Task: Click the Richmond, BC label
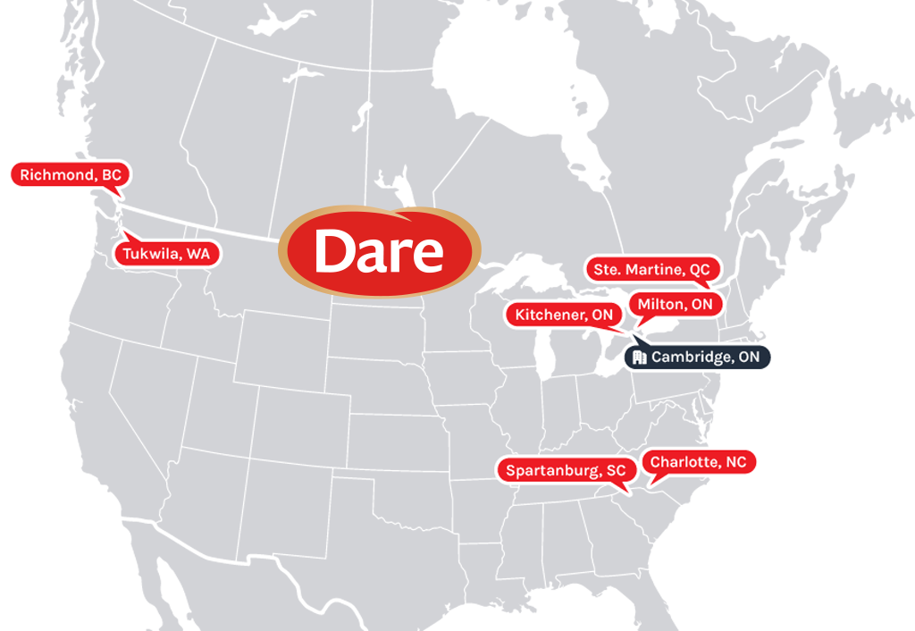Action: (x=70, y=175)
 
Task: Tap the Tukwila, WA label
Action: (x=166, y=254)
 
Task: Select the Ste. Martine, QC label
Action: (x=652, y=269)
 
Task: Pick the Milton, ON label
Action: (x=676, y=304)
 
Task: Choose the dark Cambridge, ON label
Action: (x=696, y=358)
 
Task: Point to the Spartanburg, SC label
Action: (x=566, y=470)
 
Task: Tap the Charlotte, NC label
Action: (x=698, y=462)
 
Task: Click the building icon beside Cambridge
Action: (x=639, y=358)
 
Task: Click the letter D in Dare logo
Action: (x=336, y=251)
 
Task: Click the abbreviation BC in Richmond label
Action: (x=111, y=175)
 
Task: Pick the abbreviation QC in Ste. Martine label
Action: (x=700, y=269)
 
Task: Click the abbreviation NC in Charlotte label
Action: (x=735, y=462)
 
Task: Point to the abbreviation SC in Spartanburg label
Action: (x=616, y=470)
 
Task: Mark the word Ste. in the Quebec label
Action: (x=607, y=269)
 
